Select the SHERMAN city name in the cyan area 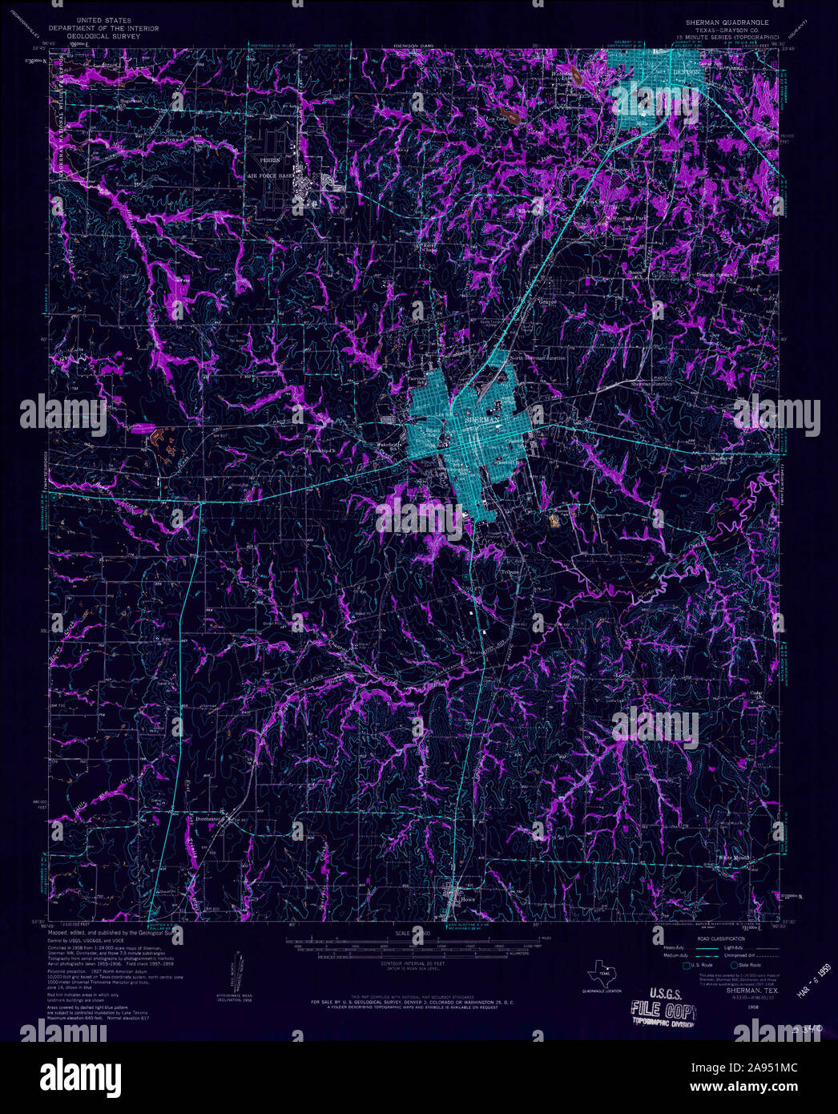(481, 419)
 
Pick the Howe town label (468, 899)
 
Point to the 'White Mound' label (734, 858)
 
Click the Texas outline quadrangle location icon (601, 975)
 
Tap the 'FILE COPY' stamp (663, 1008)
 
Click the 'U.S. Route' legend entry (702, 966)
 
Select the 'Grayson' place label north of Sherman (547, 302)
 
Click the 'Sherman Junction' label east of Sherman (651, 384)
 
